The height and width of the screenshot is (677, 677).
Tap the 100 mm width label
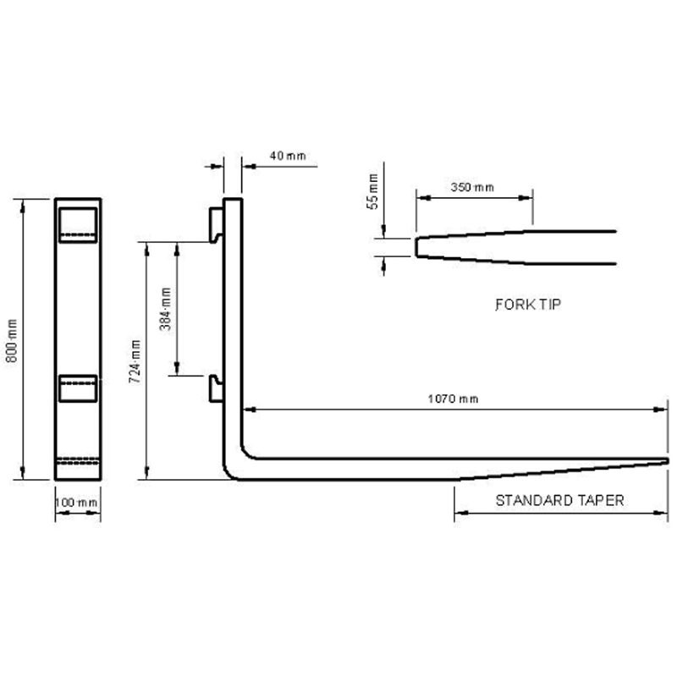click(77, 503)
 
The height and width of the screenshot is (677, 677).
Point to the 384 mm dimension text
click(166, 308)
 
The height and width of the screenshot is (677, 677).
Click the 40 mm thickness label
click(288, 156)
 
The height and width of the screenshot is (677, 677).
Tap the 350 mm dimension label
click(472, 187)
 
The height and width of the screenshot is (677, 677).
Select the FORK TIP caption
click(528, 304)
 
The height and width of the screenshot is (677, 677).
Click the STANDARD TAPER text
click(559, 500)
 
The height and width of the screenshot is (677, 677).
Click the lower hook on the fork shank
click(216, 388)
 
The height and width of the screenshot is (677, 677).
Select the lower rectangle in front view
click(78, 388)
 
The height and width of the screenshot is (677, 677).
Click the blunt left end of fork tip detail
click(416, 246)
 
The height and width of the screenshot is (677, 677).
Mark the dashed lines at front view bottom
click(78, 461)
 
